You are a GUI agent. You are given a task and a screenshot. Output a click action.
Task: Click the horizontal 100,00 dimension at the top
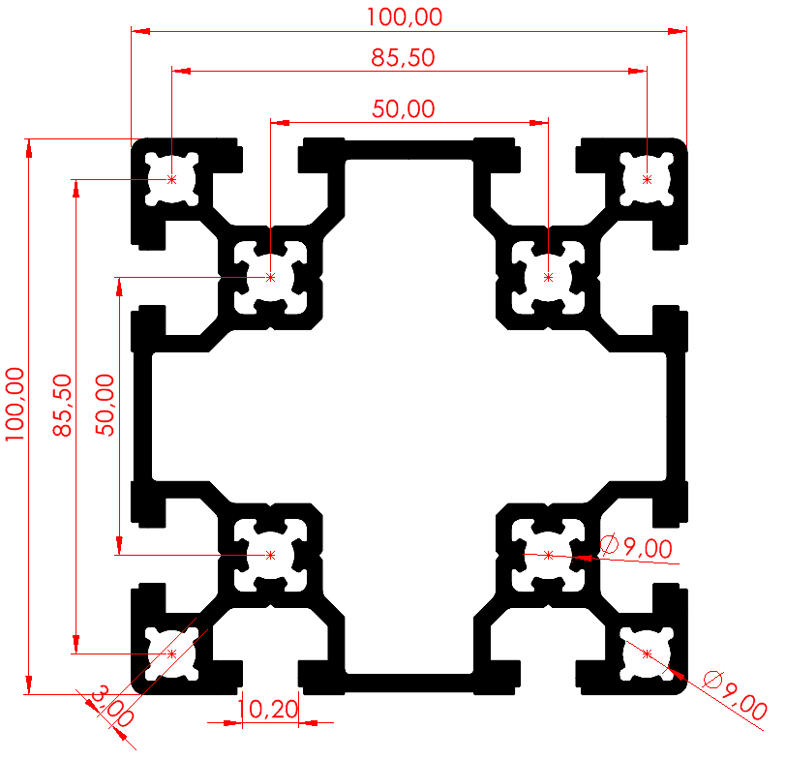(x=405, y=17)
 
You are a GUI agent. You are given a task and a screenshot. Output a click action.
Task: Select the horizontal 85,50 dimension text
(x=403, y=58)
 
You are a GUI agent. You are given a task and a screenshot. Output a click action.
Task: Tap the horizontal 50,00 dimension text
(x=404, y=109)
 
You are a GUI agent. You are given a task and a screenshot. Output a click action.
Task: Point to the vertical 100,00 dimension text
(x=15, y=404)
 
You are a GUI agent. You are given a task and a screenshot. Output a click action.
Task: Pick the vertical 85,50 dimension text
(x=63, y=405)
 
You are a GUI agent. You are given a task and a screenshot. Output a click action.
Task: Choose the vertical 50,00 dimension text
(x=105, y=405)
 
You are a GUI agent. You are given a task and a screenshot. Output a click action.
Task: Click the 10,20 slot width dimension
(x=269, y=709)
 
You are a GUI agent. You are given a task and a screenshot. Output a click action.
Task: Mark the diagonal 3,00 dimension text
(x=112, y=707)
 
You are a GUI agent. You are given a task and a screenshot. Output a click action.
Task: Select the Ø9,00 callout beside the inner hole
(x=636, y=547)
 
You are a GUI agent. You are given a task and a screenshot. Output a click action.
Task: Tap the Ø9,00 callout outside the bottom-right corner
(x=735, y=695)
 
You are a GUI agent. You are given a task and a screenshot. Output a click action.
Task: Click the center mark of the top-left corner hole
(x=172, y=179)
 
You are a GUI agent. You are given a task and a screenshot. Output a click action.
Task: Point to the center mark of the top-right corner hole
(x=648, y=179)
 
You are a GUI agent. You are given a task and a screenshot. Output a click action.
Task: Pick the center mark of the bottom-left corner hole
(x=172, y=654)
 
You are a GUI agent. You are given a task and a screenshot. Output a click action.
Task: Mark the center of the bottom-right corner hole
(x=648, y=654)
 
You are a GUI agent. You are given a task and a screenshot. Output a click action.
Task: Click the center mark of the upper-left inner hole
(x=271, y=277)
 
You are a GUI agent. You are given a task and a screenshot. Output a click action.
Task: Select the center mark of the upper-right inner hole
(x=549, y=277)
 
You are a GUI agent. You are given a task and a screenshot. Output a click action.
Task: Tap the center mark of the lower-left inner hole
(x=271, y=555)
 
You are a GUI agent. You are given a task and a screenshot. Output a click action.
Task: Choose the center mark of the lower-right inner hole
(x=549, y=555)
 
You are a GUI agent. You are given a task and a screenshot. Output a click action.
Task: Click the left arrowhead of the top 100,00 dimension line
(x=141, y=31)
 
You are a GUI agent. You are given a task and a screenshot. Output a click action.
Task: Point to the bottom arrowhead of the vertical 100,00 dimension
(x=29, y=684)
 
